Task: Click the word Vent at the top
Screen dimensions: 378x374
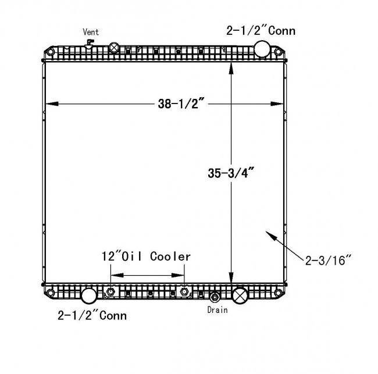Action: [x=91, y=32]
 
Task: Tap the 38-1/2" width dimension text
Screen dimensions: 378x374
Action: [x=181, y=104]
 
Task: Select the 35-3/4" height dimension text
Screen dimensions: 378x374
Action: [x=231, y=173]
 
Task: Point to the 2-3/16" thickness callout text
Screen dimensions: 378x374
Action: [x=328, y=261]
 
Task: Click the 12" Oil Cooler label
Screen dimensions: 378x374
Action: [x=146, y=257]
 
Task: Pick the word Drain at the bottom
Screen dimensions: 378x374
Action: [x=217, y=310]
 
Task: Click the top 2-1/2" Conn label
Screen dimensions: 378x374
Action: [x=261, y=31]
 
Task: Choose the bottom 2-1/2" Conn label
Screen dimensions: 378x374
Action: [x=92, y=315]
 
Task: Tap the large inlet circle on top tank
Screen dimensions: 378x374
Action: [x=262, y=49]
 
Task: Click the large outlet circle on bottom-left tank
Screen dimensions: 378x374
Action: [x=89, y=295]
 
